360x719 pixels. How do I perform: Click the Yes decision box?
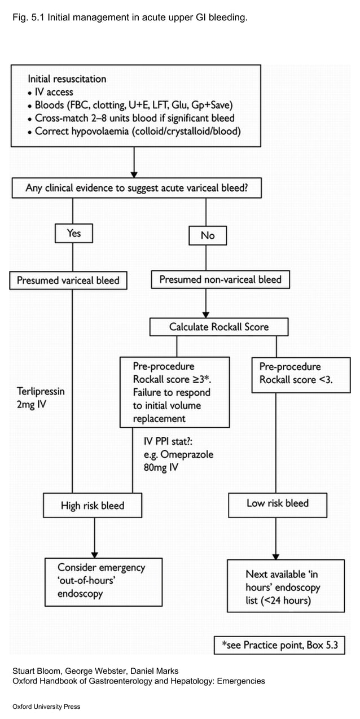click(x=73, y=234)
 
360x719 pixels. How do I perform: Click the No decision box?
click(x=208, y=235)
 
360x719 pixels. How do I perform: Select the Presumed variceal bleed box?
click(x=68, y=280)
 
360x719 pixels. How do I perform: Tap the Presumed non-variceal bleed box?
click(x=220, y=280)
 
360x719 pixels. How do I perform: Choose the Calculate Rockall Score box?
click(x=219, y=327)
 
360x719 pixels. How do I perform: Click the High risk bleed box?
click(x=93, y=506)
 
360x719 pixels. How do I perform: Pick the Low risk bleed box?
click(x=278, y=504)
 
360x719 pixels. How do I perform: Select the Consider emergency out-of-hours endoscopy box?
click(x=103, y=581)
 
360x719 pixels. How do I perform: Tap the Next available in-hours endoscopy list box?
click(x=286, y=586)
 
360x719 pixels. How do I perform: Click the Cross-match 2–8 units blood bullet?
click(x=134, y=119)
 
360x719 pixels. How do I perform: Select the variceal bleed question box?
click(x=137, y=188)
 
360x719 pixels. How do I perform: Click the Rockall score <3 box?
click(x=301, y=374)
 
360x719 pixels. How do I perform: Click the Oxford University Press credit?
click(x=46, y=707)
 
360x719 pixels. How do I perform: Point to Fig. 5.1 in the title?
click(x=28, y=18)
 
